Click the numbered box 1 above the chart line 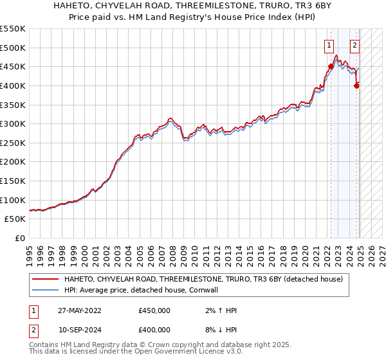(x=329, y=45)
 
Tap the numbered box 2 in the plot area (x=354, y=45)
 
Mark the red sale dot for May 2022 (x=331, y=66)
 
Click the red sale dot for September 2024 (x=356, y=85)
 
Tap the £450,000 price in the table (x=154, y=310)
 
